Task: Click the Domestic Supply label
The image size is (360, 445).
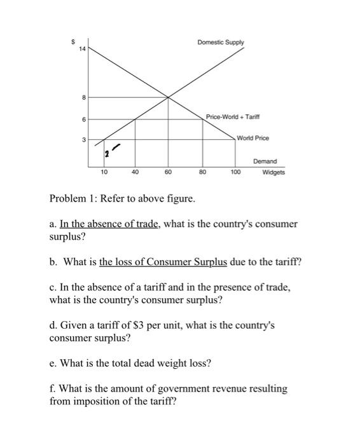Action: tap(220, 43)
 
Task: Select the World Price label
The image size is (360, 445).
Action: tap(253, 138)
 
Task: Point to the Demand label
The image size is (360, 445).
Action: tap(265, 162)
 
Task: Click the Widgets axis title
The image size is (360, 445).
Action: tap(273, 172)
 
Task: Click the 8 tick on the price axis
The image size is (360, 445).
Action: tap(82, 98)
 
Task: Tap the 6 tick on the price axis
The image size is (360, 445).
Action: tap(82, 120)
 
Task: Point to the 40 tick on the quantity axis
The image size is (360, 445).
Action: tap(135, 172)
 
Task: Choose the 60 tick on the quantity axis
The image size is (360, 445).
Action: tap(168, 172)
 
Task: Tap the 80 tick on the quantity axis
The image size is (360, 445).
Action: tap(202, 172)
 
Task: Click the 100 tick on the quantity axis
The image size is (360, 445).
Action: tap(235, 172)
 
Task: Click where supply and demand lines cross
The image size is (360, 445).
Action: tap(169, 97)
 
